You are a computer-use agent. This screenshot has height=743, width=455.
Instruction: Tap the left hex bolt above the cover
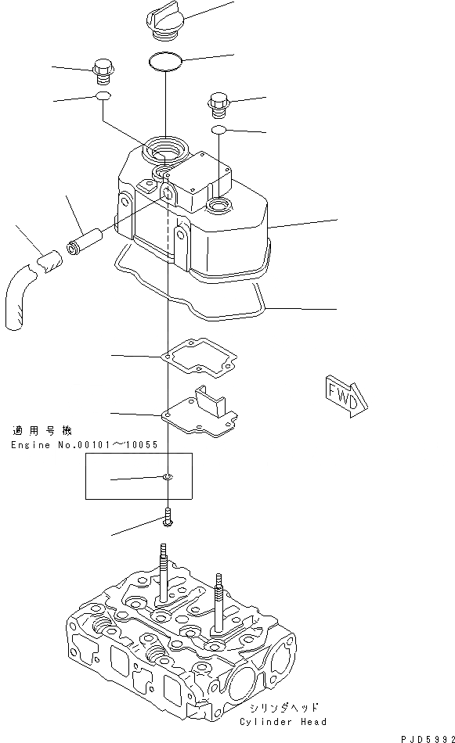pos(102,71)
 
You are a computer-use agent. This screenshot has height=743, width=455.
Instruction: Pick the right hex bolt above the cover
pos(219,102)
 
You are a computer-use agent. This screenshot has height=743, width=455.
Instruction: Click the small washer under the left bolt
pos(102,96)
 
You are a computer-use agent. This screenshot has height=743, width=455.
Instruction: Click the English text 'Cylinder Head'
pos(283,721)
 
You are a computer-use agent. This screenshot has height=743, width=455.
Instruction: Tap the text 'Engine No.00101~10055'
pos(84,444)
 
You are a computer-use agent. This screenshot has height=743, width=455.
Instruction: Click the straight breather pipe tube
pos(85,235)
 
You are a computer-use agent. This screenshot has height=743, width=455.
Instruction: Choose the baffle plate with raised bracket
pos(200,411)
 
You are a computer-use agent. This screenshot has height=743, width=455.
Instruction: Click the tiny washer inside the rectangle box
pos(168,477)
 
